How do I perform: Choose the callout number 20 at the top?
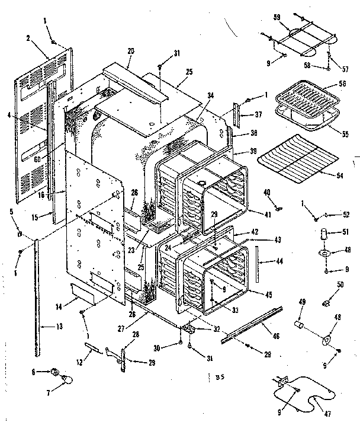tap(131, 52)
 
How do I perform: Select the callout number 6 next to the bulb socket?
tap(35, 372)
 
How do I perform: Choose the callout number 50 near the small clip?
tap(340, 286)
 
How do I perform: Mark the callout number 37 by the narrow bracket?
tap(258, 114)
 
